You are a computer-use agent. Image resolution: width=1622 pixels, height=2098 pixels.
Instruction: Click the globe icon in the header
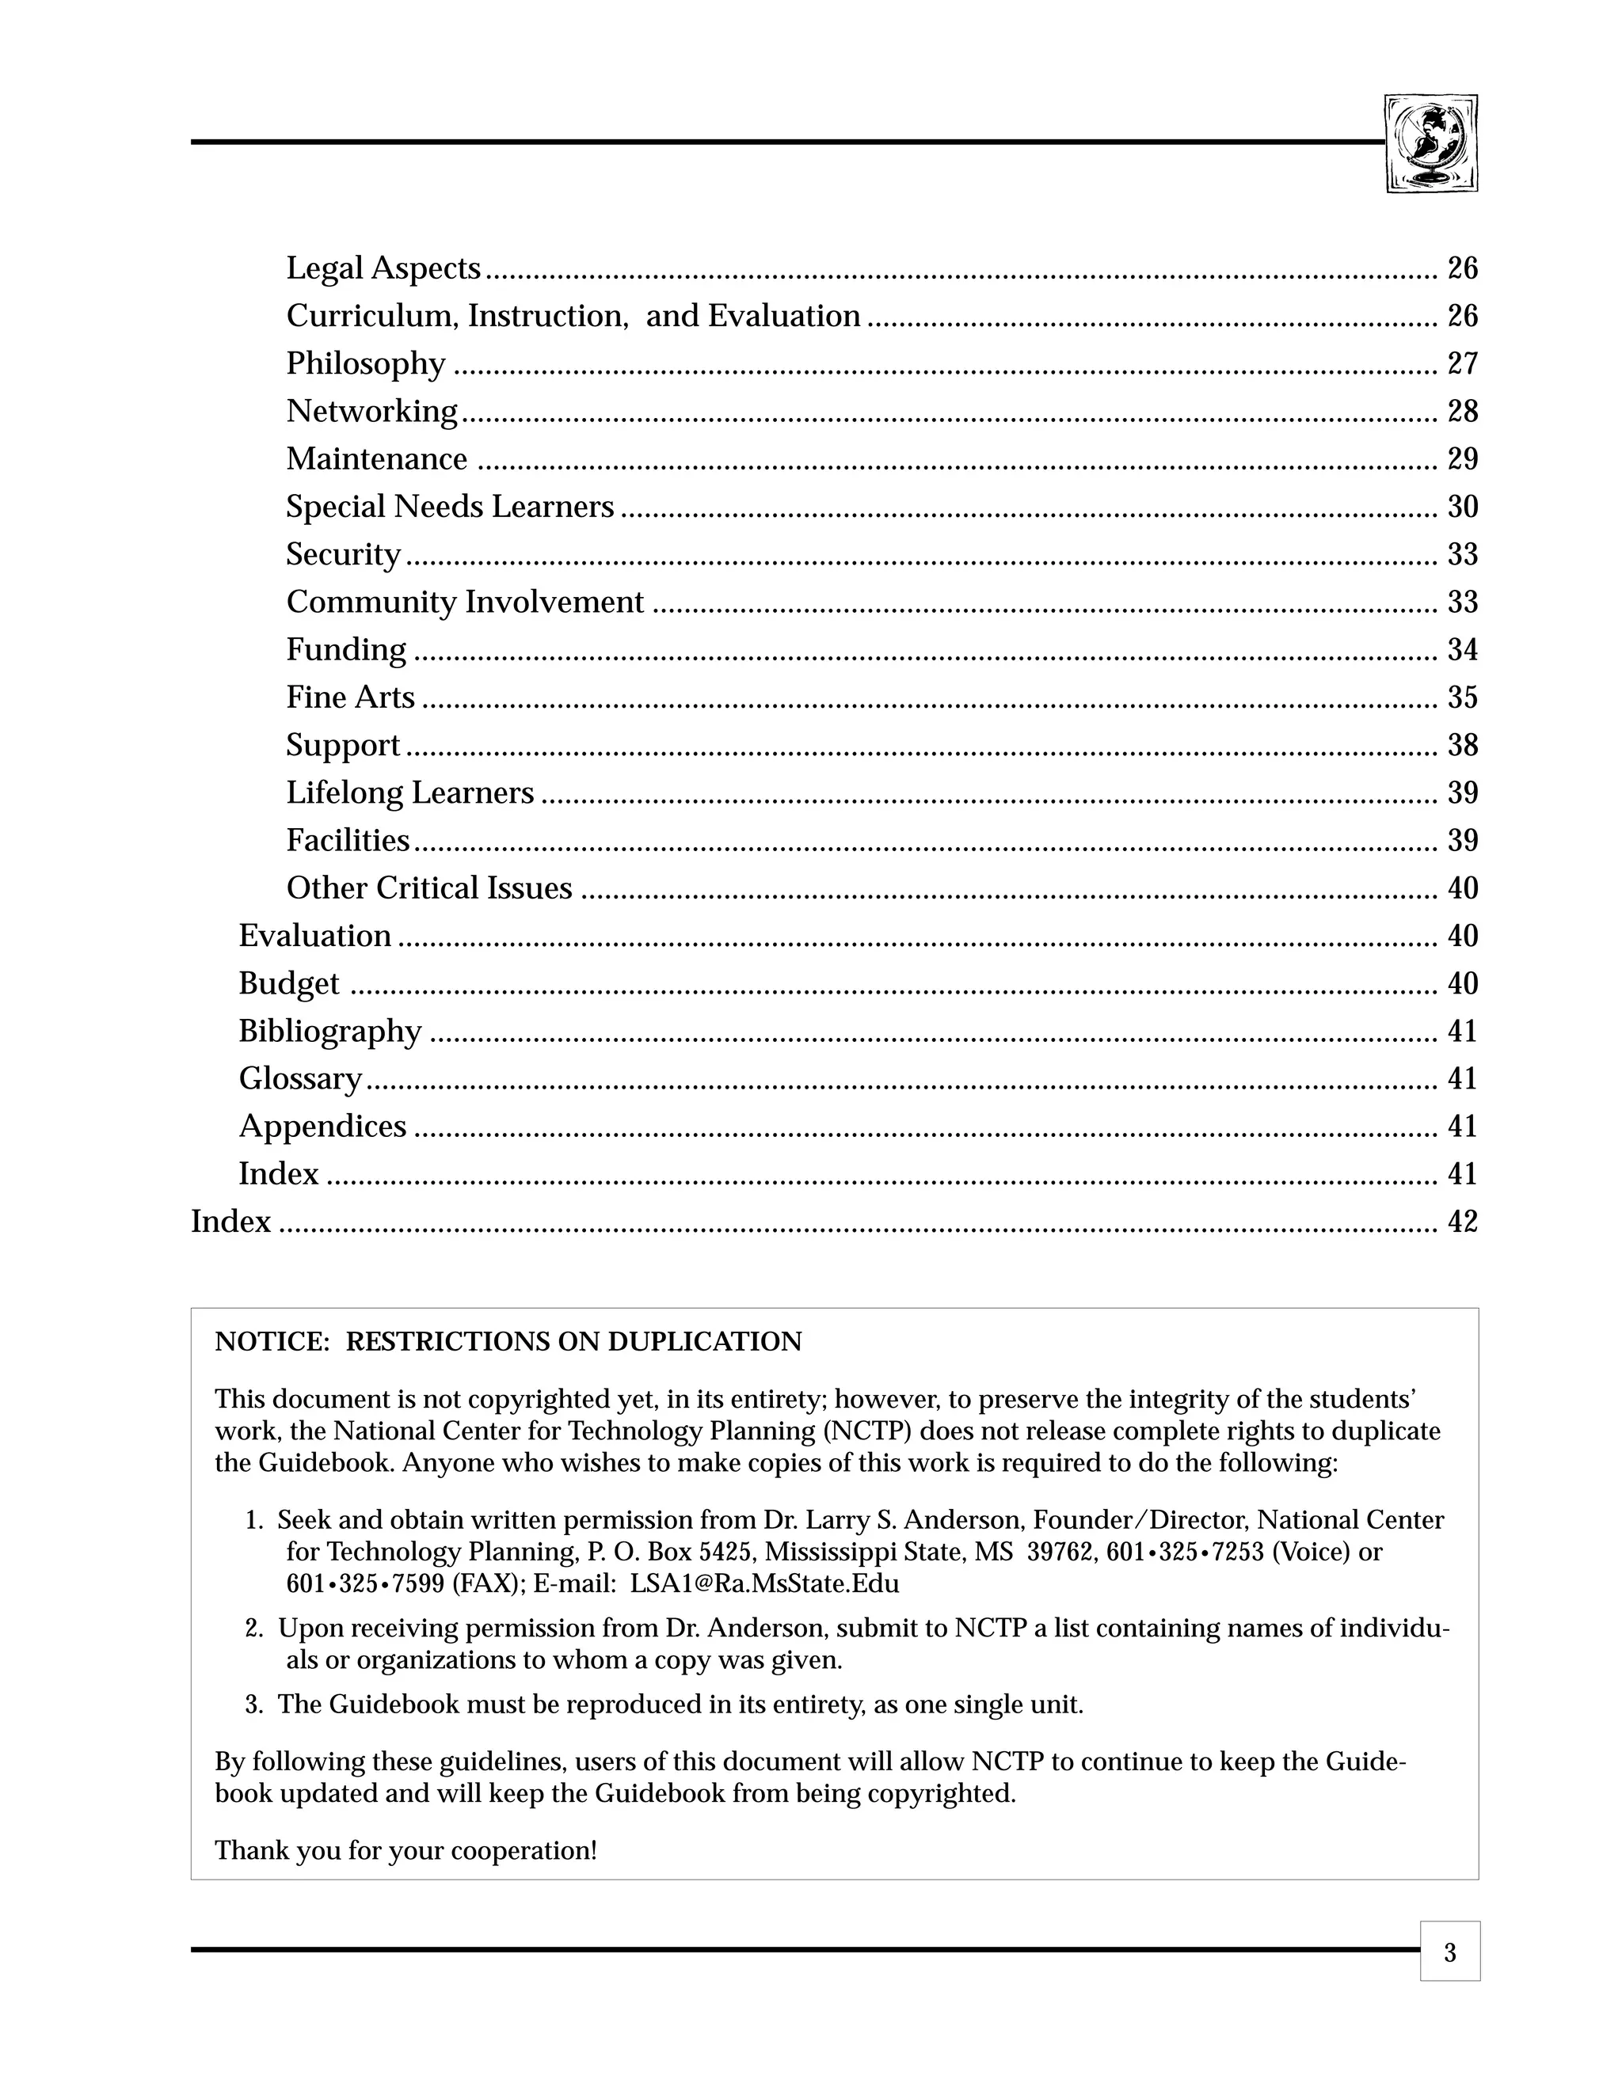[1431, 144]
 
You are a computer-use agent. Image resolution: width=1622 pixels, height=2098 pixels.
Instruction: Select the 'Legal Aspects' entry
[383, 268]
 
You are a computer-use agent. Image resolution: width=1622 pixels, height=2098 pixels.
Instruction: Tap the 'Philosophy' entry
[365, 364]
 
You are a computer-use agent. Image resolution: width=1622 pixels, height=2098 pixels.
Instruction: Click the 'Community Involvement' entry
[464, 602]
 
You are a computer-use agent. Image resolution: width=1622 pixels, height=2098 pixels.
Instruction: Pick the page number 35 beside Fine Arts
[1461, 697]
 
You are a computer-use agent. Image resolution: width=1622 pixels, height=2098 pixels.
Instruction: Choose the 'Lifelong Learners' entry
[409, 792]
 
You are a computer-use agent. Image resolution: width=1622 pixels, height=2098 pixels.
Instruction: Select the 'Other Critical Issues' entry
[428, 888]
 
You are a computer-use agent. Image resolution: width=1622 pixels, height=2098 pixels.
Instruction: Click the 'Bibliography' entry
[329, 1032]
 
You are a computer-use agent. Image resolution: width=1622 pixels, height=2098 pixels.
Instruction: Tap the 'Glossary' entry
[300, 1079]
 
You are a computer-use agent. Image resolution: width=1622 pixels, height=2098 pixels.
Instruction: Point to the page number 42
[1461, 1222]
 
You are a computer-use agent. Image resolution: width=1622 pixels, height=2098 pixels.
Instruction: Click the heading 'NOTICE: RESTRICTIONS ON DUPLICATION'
[508, 1342]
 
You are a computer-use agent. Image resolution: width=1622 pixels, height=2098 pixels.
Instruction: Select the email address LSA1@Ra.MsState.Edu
[764, 1584]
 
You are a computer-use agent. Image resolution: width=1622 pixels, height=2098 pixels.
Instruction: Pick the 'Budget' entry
[288, 983]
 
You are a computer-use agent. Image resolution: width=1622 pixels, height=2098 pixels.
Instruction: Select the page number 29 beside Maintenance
[1461, 459]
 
